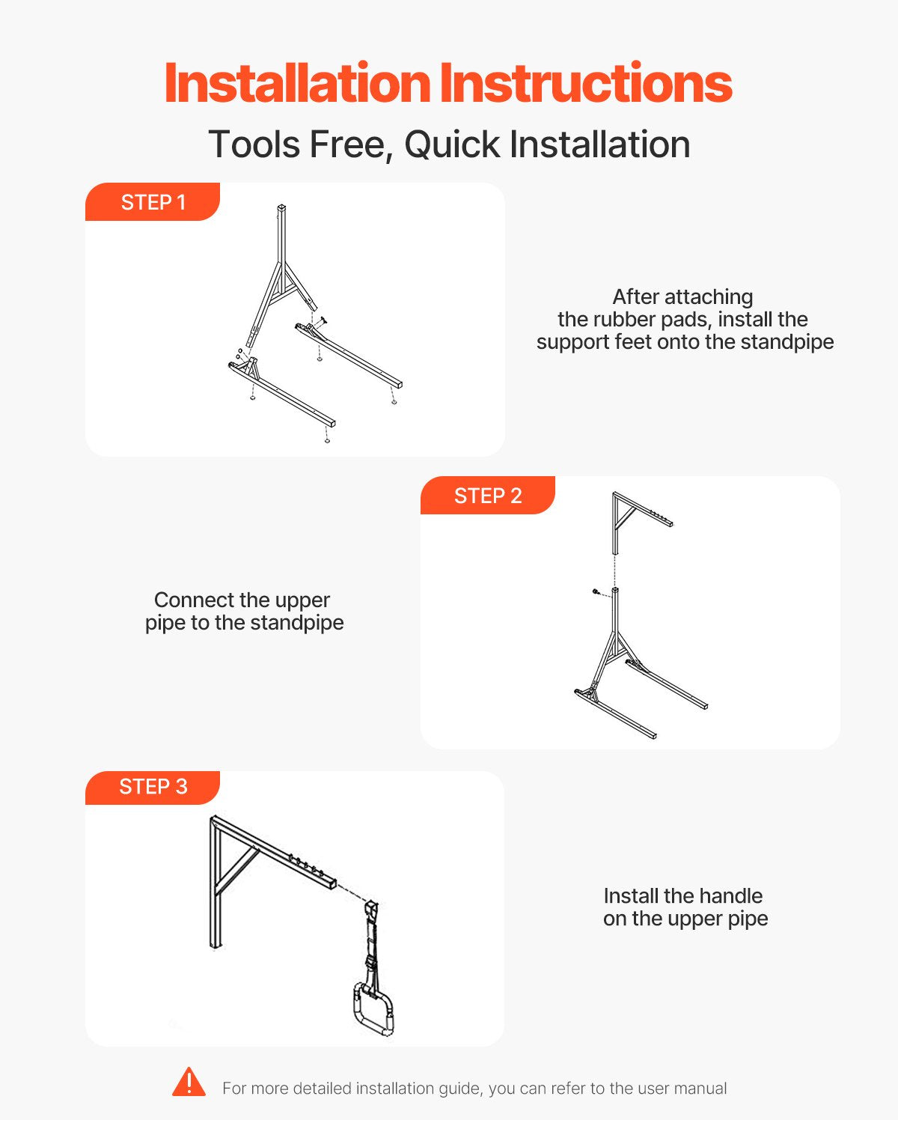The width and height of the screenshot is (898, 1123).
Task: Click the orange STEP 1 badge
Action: tap(153, 202)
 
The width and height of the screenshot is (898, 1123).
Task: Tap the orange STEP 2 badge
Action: tap(488, 495)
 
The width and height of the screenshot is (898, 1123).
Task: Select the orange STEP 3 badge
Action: tap(153, 787)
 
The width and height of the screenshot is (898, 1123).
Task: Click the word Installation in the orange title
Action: tap(297, 83)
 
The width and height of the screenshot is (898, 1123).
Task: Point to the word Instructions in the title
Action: tap(586, 83)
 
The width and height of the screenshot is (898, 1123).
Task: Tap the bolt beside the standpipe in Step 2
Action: tap(596, 591)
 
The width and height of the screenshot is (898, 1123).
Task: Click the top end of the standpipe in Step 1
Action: tap(281, 207)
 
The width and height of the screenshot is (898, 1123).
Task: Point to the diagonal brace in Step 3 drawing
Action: tap(237, 873)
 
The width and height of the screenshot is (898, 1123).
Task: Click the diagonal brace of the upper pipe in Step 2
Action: tap(626, 517)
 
